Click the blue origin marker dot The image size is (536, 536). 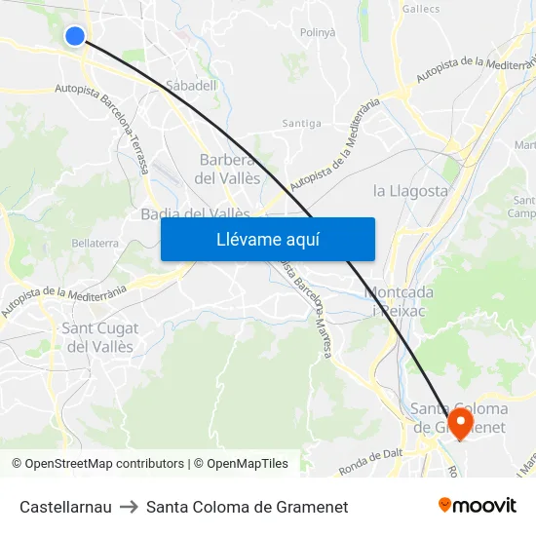[75, 36]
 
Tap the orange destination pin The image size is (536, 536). [458, 423]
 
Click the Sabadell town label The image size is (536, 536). [191, 86]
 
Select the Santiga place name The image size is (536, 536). [301, 124]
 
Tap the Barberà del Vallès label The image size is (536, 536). [228, 170]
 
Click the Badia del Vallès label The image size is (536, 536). [195, 213]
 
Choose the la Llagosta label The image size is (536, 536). [410, 191]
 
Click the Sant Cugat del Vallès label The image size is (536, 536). [100, 337]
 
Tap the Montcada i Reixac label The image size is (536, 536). [399, 300]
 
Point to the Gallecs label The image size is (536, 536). [421, 8]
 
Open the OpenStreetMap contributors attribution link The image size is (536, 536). [103, 464]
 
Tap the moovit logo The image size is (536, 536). [478, 505]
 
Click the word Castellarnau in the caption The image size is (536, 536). [65, 507]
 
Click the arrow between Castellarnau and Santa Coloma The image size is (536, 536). [129, 507]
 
